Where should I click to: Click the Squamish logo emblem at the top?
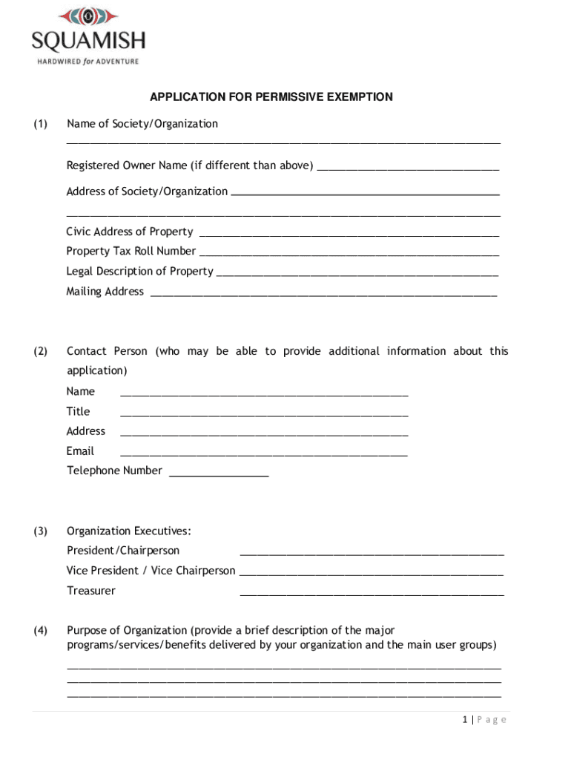[x=88, y=16]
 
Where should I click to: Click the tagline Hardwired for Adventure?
[x=88, y=61]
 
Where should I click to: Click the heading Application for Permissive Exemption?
[x=271, y=97]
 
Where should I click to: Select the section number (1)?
[x=40, y=124]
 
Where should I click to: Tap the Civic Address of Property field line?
[x=349, y=234]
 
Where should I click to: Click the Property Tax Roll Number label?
[x=131, y=252]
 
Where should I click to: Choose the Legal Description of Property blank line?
[x=357, y=274]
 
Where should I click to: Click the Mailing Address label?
[x=105, y=292]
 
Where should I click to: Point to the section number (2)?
[x=40, y=351]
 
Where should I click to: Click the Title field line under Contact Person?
[x=263, y=413]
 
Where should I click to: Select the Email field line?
[x=263, y=453]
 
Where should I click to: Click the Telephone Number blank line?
[x=219, y=474]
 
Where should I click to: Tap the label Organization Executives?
[x=129, y=531]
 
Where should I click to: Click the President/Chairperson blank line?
[x=372, y=554]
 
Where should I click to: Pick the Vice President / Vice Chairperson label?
[x=151, y=571]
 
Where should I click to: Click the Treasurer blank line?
[x=372, y=594]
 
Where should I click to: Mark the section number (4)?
[x=40, y=631]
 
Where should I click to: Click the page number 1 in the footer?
[x=464, y=720]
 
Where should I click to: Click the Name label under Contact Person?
[x=81, y=391]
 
